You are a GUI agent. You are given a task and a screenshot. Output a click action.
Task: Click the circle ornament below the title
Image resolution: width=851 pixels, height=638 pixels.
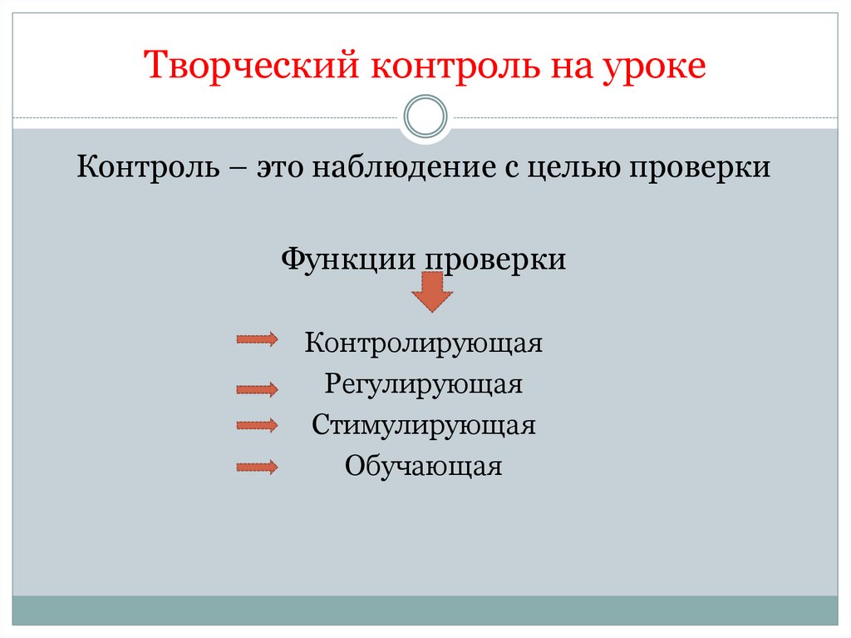point(425,117)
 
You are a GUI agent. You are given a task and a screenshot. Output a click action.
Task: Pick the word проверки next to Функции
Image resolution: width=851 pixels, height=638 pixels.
point(496,260)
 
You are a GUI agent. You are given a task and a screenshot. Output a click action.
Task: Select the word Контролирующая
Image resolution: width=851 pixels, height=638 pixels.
point(424,343)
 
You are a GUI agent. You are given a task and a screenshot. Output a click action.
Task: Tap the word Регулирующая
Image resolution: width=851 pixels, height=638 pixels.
point(424,384)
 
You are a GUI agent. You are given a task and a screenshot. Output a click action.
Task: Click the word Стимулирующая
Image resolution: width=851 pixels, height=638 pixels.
point(424,426)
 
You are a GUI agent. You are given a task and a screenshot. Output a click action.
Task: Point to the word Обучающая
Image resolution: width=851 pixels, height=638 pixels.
point(424,467)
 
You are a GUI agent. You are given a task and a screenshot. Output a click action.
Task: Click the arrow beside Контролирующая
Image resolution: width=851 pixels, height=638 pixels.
point(257,339)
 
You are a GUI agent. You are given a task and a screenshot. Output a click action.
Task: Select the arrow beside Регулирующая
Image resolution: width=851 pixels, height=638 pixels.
point(257,388)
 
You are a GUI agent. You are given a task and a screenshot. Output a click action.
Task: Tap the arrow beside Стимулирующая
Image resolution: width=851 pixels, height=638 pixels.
point(257,425)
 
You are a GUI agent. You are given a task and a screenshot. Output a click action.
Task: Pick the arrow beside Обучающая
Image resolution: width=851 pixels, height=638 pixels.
point(257,467)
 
